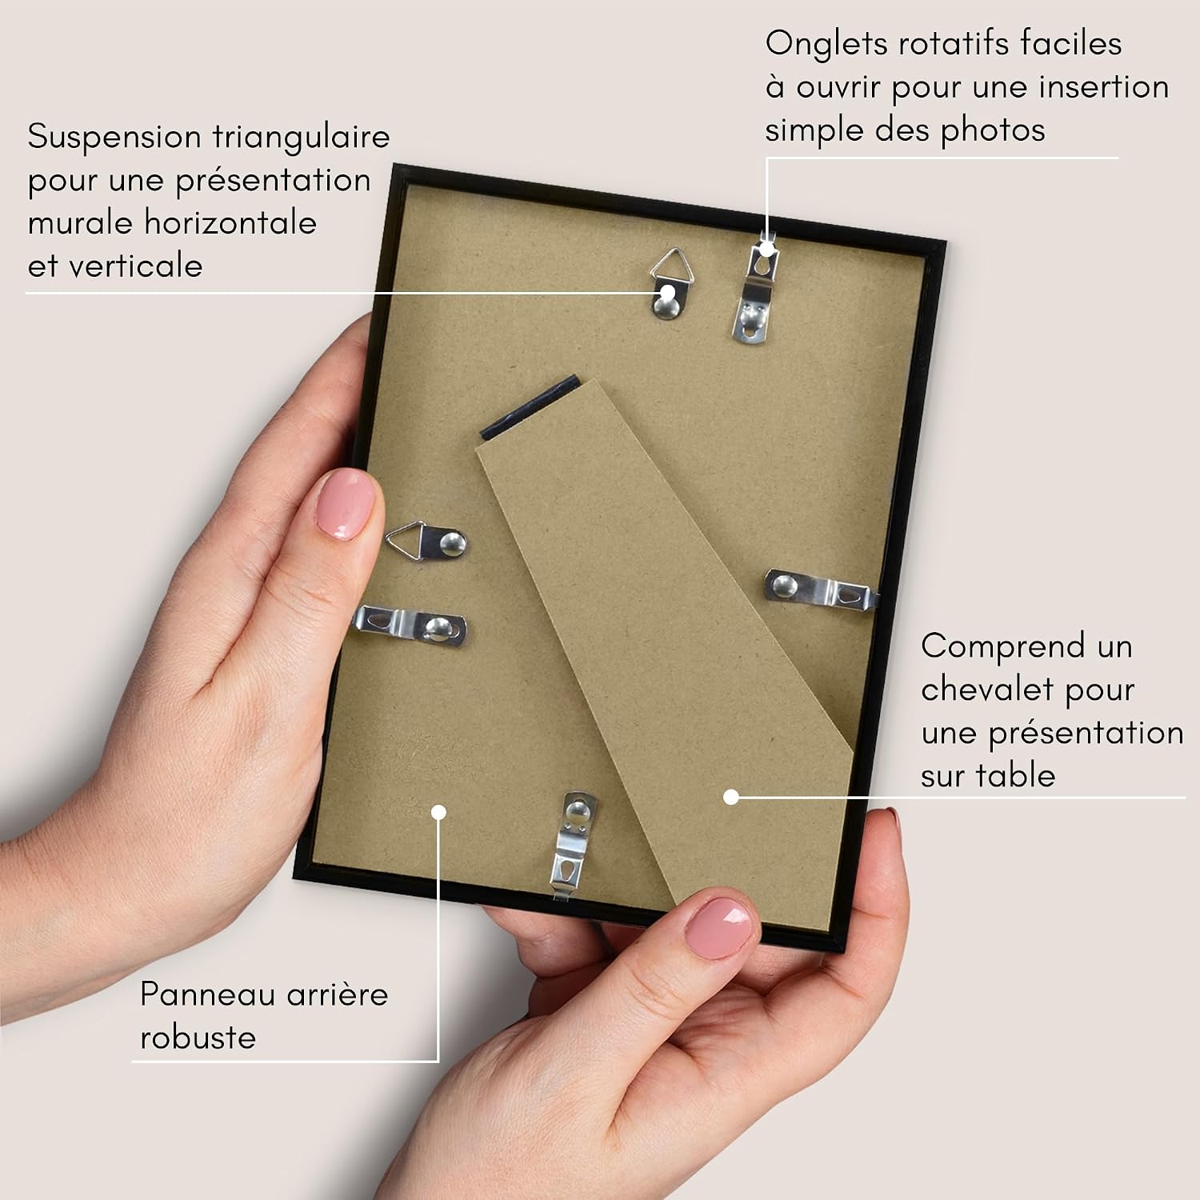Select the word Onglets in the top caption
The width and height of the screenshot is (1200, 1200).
827,44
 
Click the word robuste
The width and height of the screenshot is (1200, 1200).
198,1038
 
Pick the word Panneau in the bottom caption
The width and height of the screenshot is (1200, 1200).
208,994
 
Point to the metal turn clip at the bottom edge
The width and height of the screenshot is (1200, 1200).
573,842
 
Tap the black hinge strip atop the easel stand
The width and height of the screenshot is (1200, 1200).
530,407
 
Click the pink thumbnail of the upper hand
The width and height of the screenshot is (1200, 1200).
346,504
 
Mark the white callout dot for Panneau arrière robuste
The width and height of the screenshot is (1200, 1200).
438,812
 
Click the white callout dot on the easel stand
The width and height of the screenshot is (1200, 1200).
730,797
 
